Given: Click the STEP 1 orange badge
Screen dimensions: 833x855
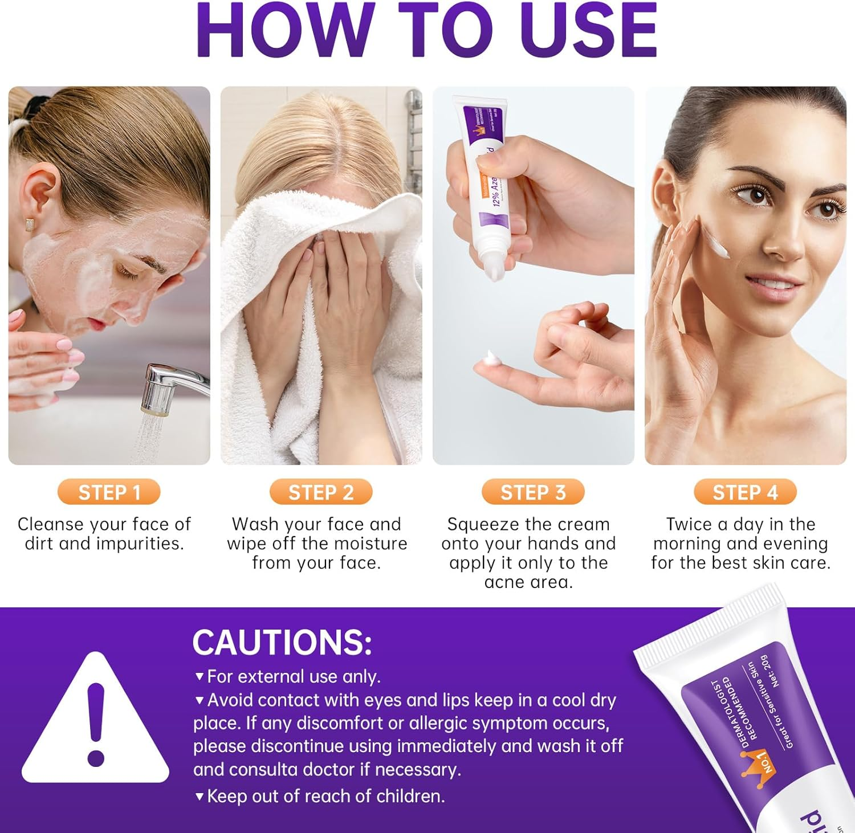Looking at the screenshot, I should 109,492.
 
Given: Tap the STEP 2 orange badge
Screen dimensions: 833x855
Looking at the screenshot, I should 321,492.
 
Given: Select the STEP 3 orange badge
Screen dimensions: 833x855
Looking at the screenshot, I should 533,492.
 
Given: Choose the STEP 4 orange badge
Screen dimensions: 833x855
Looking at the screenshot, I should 745,492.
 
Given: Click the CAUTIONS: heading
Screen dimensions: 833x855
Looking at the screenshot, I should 282,642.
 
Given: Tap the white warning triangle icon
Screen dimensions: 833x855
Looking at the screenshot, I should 96,724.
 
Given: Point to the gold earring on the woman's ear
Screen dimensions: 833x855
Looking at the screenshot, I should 28,224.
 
